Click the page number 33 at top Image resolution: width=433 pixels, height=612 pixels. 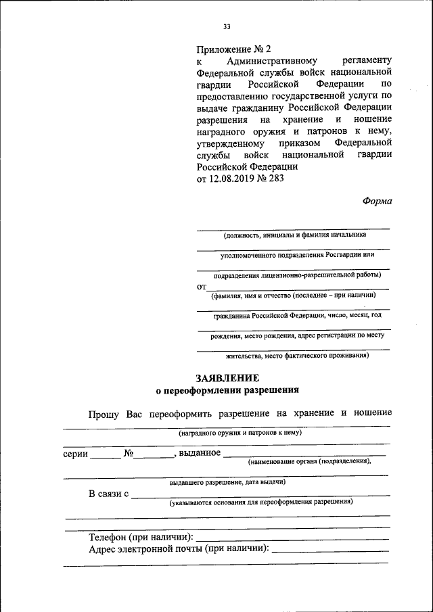click(x=227, y=27)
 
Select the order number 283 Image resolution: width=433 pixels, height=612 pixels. click(x=276, y=179)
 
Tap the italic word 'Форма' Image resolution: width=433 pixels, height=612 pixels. click(x=378, y=201)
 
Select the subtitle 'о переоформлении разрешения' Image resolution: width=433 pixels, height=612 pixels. click(x=227, y=390)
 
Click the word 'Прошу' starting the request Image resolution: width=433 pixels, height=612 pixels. click(x=104, y=413)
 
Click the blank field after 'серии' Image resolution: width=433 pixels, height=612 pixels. click(x=106, y=455)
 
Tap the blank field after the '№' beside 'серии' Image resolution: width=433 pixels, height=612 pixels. click(x=154, y=455)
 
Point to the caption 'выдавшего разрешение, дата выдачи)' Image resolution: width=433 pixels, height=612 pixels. click(x=227, y=482)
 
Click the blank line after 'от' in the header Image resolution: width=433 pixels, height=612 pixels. click(x=298, y=287)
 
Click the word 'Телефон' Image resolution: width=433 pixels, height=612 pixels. click(x=110, y=537)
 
